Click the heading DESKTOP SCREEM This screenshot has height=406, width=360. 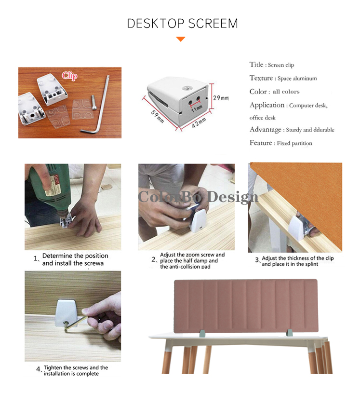(182, 24)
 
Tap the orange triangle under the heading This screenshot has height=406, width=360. (181, 39)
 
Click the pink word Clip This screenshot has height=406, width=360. (69, 76)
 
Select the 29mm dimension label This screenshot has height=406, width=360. (221, 98)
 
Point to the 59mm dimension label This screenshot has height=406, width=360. (158, 116)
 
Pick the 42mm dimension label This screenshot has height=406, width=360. (199, 122)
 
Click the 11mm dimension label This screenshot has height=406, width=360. (197, 108)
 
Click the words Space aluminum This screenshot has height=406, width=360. (297, 79)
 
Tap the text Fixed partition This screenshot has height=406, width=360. (294, 143)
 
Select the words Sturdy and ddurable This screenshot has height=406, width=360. (310, 130)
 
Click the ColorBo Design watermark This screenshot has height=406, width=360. (198, 197)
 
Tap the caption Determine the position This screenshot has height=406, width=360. (75, 256)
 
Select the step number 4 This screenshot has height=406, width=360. (38, 369)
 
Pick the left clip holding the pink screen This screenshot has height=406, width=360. (202, 333)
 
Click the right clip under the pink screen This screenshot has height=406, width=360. (290, 333)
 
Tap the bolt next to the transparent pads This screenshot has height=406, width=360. (93, 103)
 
